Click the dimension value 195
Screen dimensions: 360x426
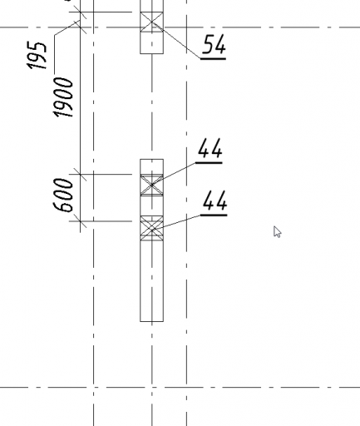[x=37, y=56]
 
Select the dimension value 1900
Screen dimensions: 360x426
[x=63, y=97]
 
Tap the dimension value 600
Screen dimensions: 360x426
[x=63, y=196]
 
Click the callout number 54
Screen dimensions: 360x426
[x=214, y=44]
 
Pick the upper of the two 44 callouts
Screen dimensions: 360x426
[x=210, y=148]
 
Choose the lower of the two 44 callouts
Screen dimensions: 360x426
[x=215, y=201]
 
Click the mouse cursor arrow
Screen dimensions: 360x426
[x=277, y=232]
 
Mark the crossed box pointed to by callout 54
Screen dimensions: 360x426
[x=152, y=22]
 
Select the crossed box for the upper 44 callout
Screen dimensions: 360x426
[x=152, y=185]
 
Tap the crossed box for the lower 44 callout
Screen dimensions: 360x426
[x=152, y=228]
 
